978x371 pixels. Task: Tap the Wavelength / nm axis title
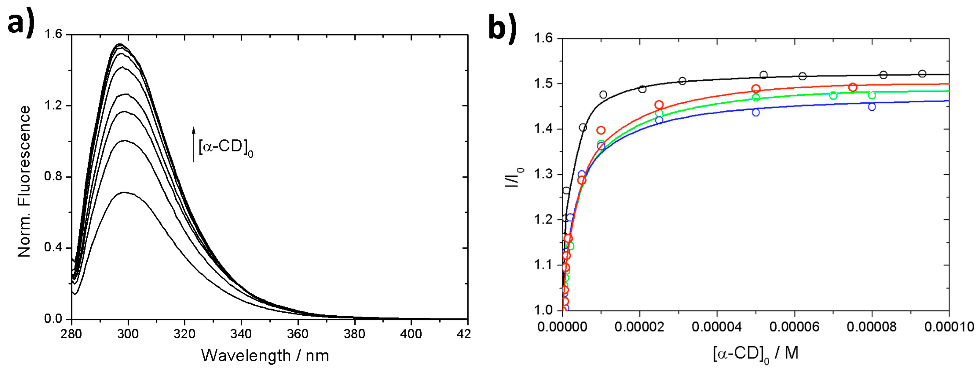[265, 356]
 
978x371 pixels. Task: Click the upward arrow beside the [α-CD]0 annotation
[194, 145]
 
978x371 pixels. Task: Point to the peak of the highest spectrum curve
[120, 44]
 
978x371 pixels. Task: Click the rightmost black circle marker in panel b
[922, 74]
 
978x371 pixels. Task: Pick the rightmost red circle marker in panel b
[853, 87]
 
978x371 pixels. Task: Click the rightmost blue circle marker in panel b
[872, 107]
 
